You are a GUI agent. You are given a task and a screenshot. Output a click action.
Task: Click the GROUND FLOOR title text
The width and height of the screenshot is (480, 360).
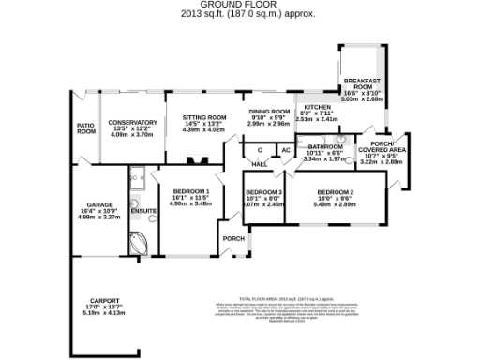pyautogui.click(x=239, y=5)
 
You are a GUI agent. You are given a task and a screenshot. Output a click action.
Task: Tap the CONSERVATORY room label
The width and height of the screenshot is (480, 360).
pyautogui.click(x=131, y=123)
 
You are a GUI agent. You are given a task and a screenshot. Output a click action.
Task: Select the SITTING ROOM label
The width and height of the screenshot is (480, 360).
pyautogui.click(x=203, y=117)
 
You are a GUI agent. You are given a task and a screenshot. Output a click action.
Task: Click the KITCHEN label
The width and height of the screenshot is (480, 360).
pyautogui.click(x=316, y=108)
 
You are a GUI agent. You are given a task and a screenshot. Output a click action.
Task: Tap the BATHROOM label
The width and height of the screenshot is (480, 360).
pyautogui.click(x=325, y=147)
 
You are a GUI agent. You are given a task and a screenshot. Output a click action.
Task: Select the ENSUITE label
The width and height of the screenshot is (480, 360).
pyautogui.click(x=143, y=210)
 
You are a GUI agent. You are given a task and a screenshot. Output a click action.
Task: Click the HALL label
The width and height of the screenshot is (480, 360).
pyautogui.click(x=260, y=164)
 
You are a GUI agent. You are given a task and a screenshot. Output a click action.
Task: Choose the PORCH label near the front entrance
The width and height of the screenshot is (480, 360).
pyautogui.click(x=233, y=238)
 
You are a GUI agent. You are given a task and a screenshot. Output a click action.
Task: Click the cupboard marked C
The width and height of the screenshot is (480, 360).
pyautogui.click(x=259, y=150)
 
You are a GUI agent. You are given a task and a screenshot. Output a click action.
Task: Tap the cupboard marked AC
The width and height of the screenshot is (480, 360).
pyautogui.click(x=285, y=150)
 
